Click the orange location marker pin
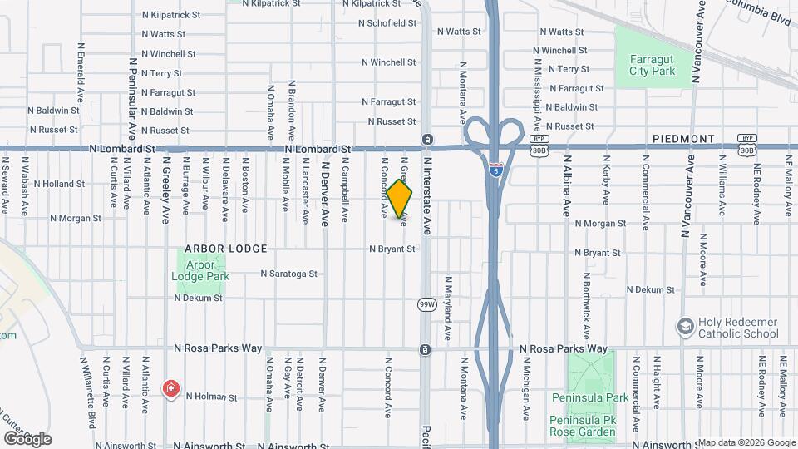399,198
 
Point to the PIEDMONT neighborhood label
683,138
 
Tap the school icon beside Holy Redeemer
685,324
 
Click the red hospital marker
171,387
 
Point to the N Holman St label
212,397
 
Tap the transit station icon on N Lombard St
426,139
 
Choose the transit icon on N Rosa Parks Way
425,350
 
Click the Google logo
27,438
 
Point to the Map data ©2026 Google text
746,442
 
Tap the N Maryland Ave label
447,308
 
